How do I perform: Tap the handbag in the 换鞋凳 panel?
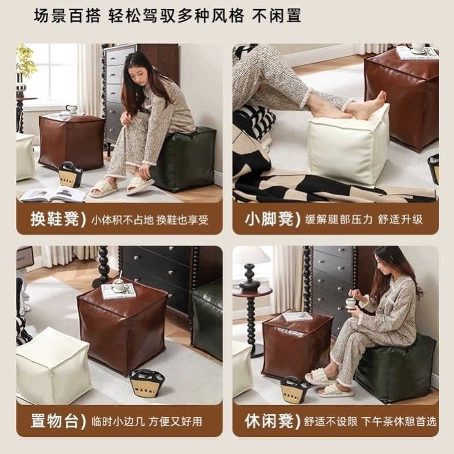pyautogui.click(x=71, y=175)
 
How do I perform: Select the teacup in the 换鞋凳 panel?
pyautogui.click(x=72, y=109)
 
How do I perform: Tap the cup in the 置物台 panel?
pyautogui.click(x=119, y=285)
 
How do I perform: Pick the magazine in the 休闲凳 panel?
pyautogui.click(x=297, y=316)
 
